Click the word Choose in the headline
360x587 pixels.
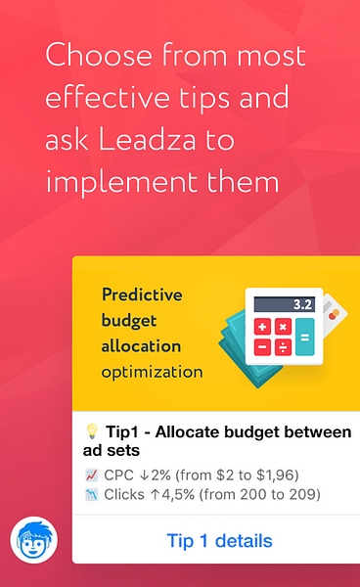[89, 55]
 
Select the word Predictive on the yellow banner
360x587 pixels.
[142, 294]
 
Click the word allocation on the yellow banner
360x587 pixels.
[141, 346]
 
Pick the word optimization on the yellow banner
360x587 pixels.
[152, 372]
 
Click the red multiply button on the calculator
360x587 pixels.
[284, 327]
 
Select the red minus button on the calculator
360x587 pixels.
[263, 347]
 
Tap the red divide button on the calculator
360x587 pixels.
[284, 347]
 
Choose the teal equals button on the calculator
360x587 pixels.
[304, 338]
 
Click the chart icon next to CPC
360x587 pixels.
[92, 475]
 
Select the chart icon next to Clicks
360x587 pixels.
[92, 494]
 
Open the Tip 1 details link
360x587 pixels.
[219, 541]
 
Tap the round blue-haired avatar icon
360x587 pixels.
[33, 540]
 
